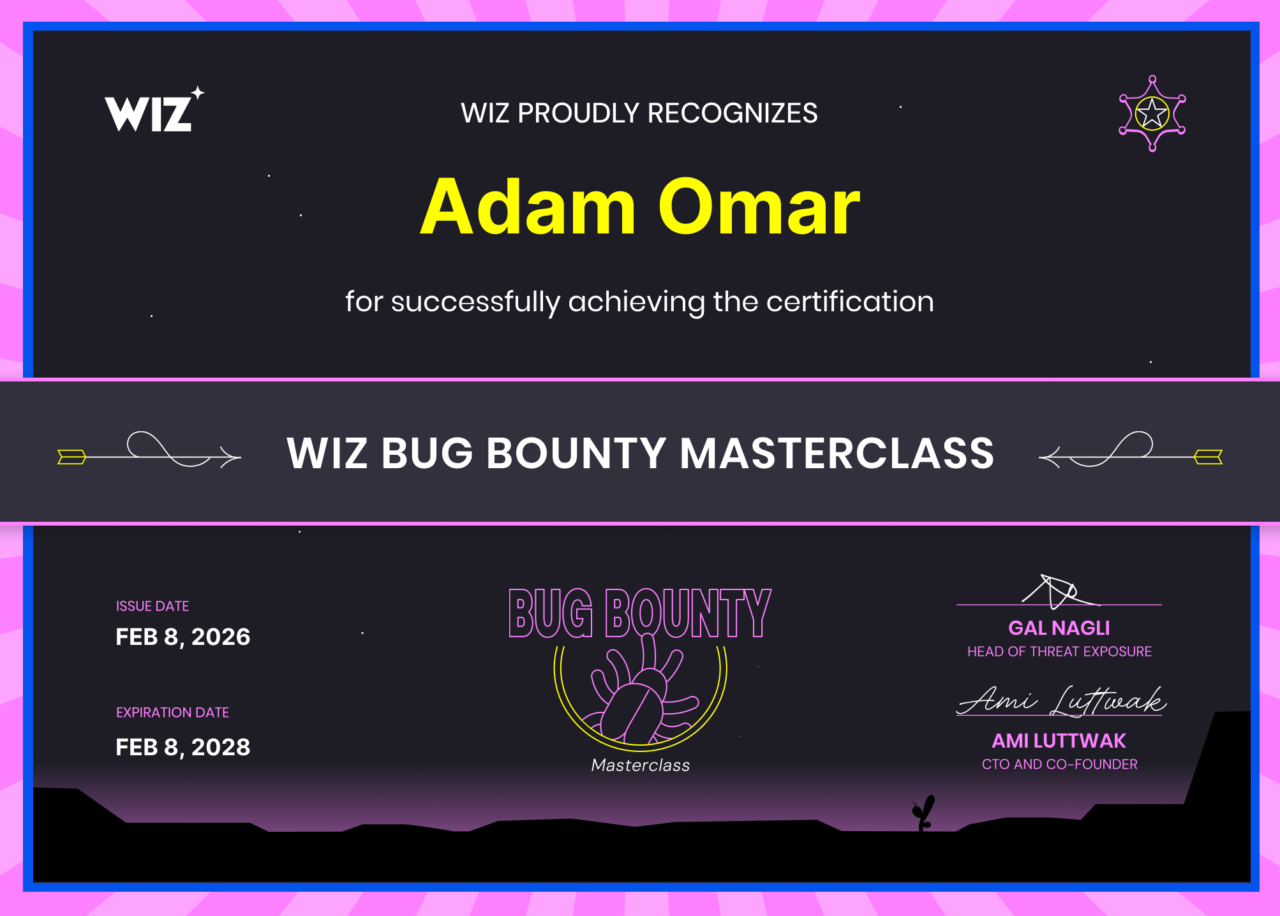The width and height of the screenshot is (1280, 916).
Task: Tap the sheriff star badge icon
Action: [x=1152, y=114]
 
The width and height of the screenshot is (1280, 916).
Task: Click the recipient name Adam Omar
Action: [x=640, y=207]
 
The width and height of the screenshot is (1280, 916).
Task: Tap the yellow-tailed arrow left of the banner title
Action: [x=149, y=450]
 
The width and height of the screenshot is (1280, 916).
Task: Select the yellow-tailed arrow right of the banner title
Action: [x=1131, y=450]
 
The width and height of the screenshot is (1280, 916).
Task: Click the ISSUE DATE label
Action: [x=153, y=606]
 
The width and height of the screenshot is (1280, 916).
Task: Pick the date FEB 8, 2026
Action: [x=183, y=637]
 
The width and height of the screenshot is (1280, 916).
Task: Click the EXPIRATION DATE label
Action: [x=172, y=713]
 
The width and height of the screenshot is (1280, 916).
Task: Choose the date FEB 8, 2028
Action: [x=183, y=747]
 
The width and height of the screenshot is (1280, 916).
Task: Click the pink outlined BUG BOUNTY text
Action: [x=640, y=613]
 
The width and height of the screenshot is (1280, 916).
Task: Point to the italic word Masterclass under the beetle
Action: [x=641, y=765]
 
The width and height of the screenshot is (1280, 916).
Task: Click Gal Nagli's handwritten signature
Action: [x=1059, y=591]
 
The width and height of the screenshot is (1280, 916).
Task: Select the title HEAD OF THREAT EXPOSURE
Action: [x=1059, y=651]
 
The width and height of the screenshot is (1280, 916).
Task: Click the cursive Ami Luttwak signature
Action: [x=1062, y=701]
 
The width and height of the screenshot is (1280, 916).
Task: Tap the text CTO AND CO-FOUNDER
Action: [x=1059, y=764]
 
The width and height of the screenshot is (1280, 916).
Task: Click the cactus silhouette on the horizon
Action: [x=923, y=813]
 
